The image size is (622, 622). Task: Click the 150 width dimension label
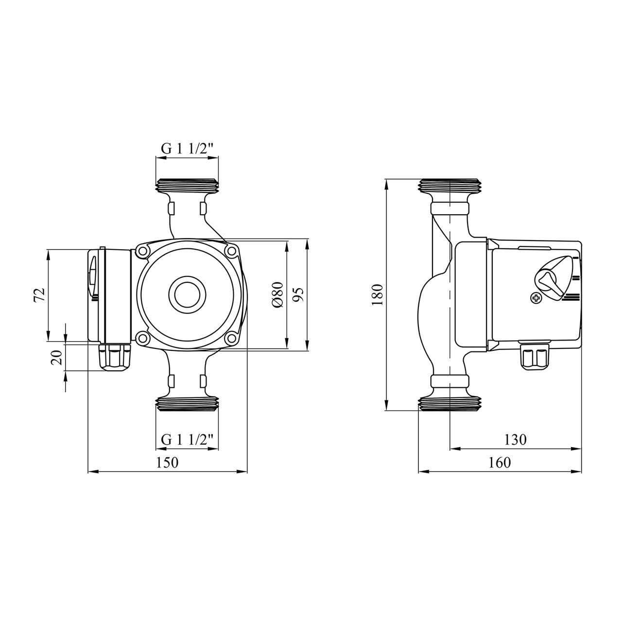pos(167,463)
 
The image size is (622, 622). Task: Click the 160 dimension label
pos(500,463)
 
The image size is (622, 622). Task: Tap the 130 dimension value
pos(515,440)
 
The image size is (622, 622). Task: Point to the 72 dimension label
pos(39,295)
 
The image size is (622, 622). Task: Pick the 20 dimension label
pos(57,357)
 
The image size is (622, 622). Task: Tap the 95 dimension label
pos(299,294)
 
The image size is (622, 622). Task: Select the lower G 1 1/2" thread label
pos(188,439)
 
